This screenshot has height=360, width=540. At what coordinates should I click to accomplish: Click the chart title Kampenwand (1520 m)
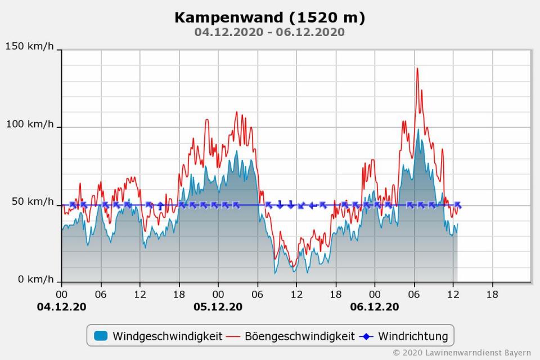tap(269, 17)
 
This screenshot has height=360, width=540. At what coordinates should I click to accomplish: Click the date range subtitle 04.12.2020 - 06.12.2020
tap(269, 32)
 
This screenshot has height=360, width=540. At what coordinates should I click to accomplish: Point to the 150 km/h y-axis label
tap(30, 46)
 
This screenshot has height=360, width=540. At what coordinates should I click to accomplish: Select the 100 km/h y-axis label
tap(30, 124)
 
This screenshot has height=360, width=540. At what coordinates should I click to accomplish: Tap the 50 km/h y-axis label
tap(33, 202)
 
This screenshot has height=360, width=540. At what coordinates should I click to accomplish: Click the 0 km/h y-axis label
tap(35, 280)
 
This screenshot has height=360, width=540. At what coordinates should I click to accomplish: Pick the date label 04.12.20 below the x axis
tap(62, 307)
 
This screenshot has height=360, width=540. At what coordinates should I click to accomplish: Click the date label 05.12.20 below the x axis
tap(218, 307)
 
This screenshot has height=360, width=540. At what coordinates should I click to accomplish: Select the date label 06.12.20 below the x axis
tap(375, 307)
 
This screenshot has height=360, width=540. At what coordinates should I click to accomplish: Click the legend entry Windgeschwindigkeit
tap(167, 336)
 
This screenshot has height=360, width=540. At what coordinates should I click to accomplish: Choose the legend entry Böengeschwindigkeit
tap(299, 336)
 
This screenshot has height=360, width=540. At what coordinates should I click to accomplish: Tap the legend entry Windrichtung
tap(413, 336)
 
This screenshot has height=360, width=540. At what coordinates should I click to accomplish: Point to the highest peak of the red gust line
tap(417, 69)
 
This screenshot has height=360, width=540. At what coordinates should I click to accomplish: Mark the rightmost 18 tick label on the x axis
tap(492, 294)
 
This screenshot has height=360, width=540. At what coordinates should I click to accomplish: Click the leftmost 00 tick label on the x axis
tap(62, 294)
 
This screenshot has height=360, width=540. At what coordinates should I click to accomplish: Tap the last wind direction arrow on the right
tap(458, 205)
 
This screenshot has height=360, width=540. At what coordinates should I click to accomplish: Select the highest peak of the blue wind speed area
tap(418, 129)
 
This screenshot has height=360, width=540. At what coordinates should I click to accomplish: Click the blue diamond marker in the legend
tap(366, 336)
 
